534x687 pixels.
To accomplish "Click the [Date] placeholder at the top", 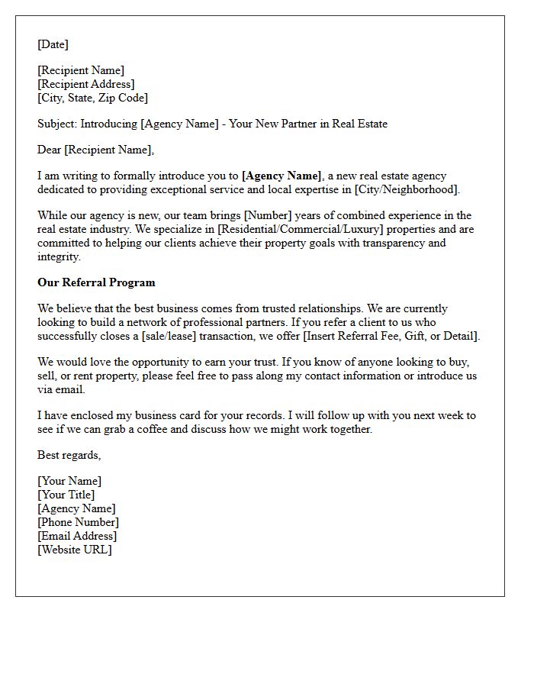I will coord(53,44).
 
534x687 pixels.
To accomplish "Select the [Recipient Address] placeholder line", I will coord(86,84).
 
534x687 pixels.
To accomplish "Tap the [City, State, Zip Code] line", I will coord(92,98).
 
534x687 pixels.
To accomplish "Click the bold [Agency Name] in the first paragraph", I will coord(281,176).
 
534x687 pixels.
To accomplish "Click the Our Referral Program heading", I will coord(96,282).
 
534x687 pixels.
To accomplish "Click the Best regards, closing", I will coord(69,455).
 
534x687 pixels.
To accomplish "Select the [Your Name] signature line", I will coord(69,481).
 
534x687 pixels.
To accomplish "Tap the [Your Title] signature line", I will coord(66,495).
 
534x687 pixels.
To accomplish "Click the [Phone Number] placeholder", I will coord(78,522).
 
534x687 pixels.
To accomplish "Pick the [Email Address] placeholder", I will coord(77,536).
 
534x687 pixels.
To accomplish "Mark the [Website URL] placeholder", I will coord(75,550).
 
